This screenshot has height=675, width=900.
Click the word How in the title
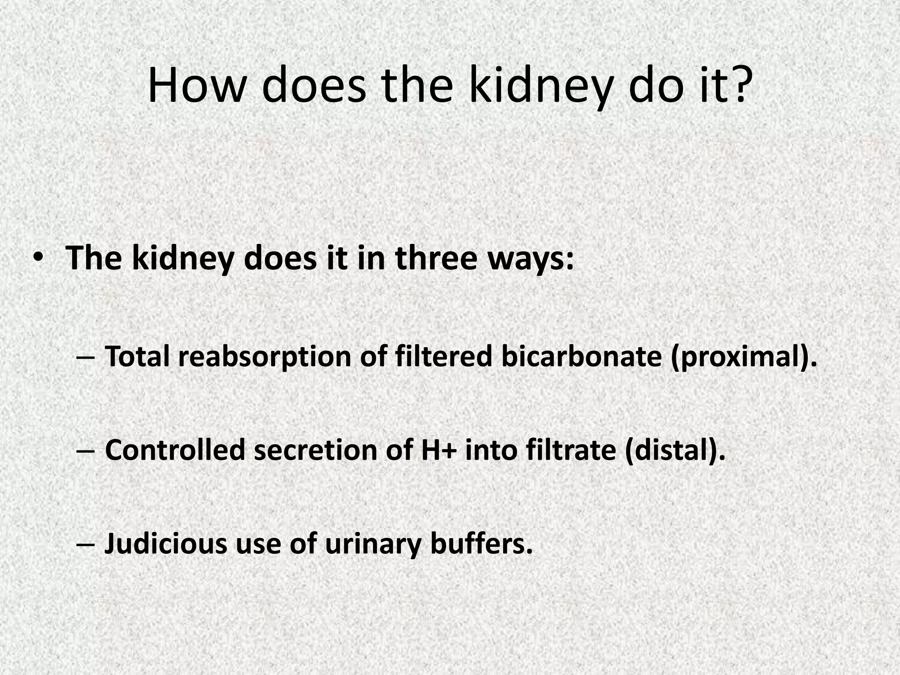tap(196, 86)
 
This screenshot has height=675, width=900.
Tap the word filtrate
tap(571, 450)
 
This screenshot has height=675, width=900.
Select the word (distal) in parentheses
tap(675, 451)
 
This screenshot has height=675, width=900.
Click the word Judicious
tap(165, 544)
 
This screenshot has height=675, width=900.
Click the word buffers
tap(481, 544)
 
